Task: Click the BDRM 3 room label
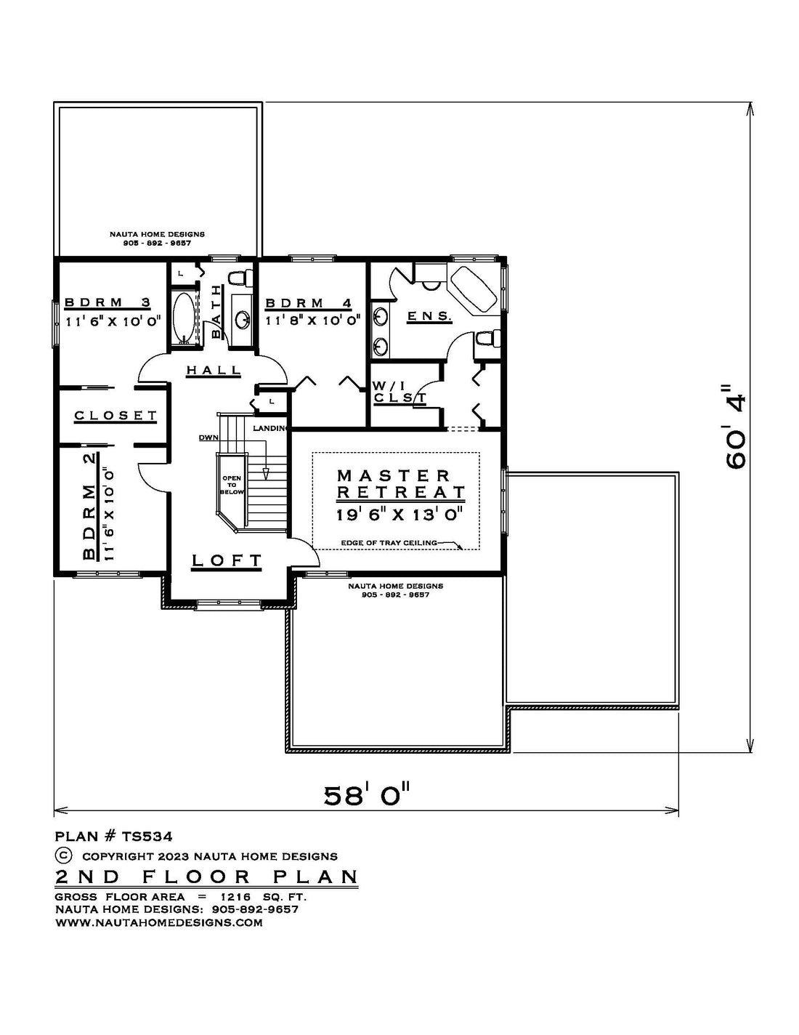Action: coord(108,302)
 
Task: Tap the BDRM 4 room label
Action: coord(309,303)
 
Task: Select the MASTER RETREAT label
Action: coord(401,483)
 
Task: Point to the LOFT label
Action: coord(227,560)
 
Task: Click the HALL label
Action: coord(214,370)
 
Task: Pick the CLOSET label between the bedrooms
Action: coord(115,415)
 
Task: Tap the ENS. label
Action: coord(429,315)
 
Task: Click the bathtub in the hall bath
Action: coord(184,318)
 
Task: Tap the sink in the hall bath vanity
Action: coord(243,318)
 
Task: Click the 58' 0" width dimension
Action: coord(366,795)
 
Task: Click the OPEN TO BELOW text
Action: coord(232,485)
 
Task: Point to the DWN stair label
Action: coord(208,437)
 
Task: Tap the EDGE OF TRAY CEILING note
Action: coord(389,542)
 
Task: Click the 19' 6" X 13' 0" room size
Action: coord(400,515)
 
